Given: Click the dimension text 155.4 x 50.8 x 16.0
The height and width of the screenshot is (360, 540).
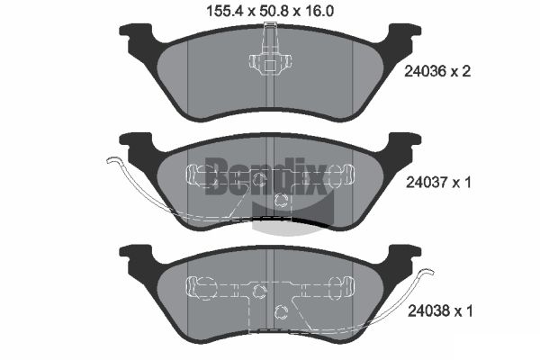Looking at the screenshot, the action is (x=270, y=12).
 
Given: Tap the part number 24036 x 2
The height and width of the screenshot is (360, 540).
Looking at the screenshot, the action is (x=437, y=71).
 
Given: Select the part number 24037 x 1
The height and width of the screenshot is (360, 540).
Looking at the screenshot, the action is (x=438, y=182).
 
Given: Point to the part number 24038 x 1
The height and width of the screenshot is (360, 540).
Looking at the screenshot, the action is (x=440, y=311).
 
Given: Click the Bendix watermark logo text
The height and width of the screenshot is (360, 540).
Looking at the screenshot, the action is (x=265, y=176).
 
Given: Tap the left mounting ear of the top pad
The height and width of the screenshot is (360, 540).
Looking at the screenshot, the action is (x=136, y=34).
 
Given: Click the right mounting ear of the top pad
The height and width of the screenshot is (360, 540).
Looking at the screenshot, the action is (x=404, y=34).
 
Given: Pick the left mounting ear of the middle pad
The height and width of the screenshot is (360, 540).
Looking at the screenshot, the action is (x=136, y=143).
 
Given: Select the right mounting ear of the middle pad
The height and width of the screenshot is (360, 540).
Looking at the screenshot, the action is (x=404, y=143).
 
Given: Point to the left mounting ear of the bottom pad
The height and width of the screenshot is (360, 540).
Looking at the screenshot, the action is (x=136, y=256).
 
